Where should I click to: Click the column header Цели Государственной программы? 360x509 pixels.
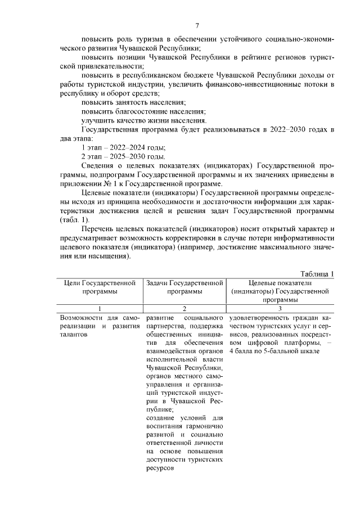pos(100,287)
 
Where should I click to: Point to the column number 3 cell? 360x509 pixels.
pos(280,309)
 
